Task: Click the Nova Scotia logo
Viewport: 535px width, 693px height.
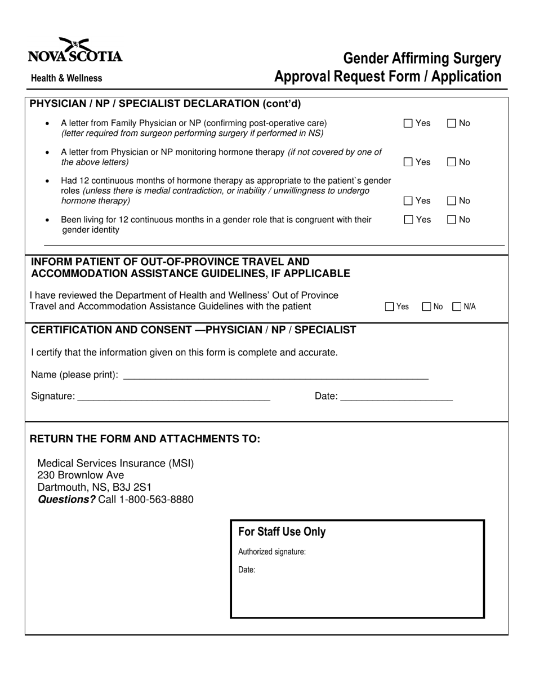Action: pyautogui.click(x=75, y=50)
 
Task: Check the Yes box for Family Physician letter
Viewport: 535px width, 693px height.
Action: pyautogui.click(x=408, y=123)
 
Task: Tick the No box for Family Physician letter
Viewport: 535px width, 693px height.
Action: pyautogui.click(x=452, y=123)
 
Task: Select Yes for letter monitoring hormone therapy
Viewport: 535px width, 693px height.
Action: pyautogui.click(x=408, y=162)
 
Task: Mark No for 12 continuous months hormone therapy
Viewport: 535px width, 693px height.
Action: pyautogui.click(x=452, y=201)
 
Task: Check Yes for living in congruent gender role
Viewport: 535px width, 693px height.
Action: pyautogui.click(x=408, y=220)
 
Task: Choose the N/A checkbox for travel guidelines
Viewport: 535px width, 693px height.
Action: pyautogui.click(x=457, y=307)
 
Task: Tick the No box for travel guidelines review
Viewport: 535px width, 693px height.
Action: pyautogui.click(x=426, y=307)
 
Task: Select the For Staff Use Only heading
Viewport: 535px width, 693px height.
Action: pyautogui.click(x=282, y=532)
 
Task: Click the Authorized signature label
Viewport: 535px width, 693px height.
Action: pyautogui.click(x=272, y=552)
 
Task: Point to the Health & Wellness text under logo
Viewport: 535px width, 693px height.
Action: pyautogui.click(x=66, y=78)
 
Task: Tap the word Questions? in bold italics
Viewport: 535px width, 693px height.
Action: pyautogui.click(x=66, y=500)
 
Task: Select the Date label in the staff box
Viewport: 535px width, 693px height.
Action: pyautogui.click(x=247, y=570)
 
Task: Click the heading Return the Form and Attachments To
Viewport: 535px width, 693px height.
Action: pyautogui.click(x=145, y=439)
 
